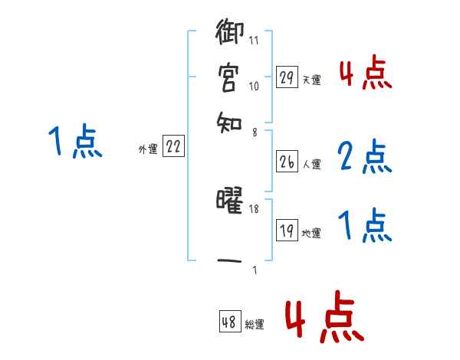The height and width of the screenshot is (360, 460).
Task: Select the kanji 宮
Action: [x=229, y=77]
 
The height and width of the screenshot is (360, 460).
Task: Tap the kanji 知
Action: [x=229, y=120]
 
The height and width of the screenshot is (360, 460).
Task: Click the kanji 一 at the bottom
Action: [x=229, y=261]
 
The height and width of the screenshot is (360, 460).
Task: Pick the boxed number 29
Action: [x=287, y=77]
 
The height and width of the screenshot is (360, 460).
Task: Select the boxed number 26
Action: [x=287, y=162]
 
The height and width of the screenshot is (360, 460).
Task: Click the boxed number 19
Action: [x=287, y=231]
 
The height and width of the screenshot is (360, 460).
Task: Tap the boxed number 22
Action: [x=173, y=148]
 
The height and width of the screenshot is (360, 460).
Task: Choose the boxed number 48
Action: [x=229, y=322]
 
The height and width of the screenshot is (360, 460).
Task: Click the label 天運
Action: [x=311, y=80]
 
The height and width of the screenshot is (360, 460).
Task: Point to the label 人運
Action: [x=311, y=164]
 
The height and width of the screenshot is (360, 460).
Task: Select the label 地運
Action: [x=311, y=233]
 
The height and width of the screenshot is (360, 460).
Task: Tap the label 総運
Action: [x=254, y=324]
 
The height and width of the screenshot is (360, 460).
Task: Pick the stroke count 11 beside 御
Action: [x=254, y=41]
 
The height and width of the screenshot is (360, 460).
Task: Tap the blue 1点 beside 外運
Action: [x=75, y=142]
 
